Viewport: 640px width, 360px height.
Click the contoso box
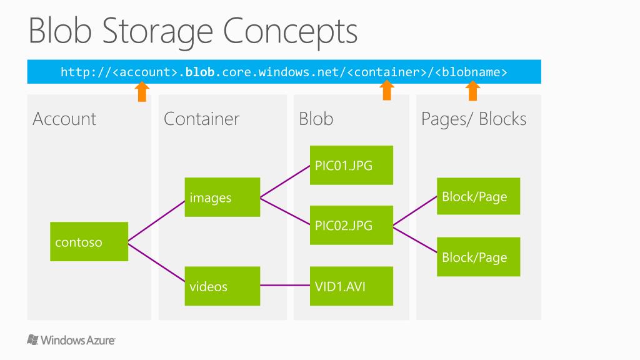pyautogui.click(x=89, y=242)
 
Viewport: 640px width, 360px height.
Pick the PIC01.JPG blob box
pyautogui.click(x=351, y=165)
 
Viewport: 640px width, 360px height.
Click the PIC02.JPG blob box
pyautogui.click(x=351, y=225)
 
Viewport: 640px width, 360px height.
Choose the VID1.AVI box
pyautogui.click(x=351, y=286)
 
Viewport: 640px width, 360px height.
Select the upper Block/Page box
pyautogui.click(x=478, y=196)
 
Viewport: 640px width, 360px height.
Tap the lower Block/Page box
pyautogui.click(x=478, y=257)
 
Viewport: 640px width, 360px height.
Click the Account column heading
pyautogui.click(x=64, y=119)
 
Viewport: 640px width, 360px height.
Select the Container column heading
pyautogui.click(x=201, y=119)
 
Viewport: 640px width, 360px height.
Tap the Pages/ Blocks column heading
pyautogui.click(x=474, y=119)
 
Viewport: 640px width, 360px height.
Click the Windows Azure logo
pyautogui.click(x=71, y=340)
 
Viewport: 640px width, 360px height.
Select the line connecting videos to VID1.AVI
pyautogui.click(x=285, y=286)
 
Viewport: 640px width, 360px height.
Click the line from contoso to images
pyautogui.click(x=156, y=219)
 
